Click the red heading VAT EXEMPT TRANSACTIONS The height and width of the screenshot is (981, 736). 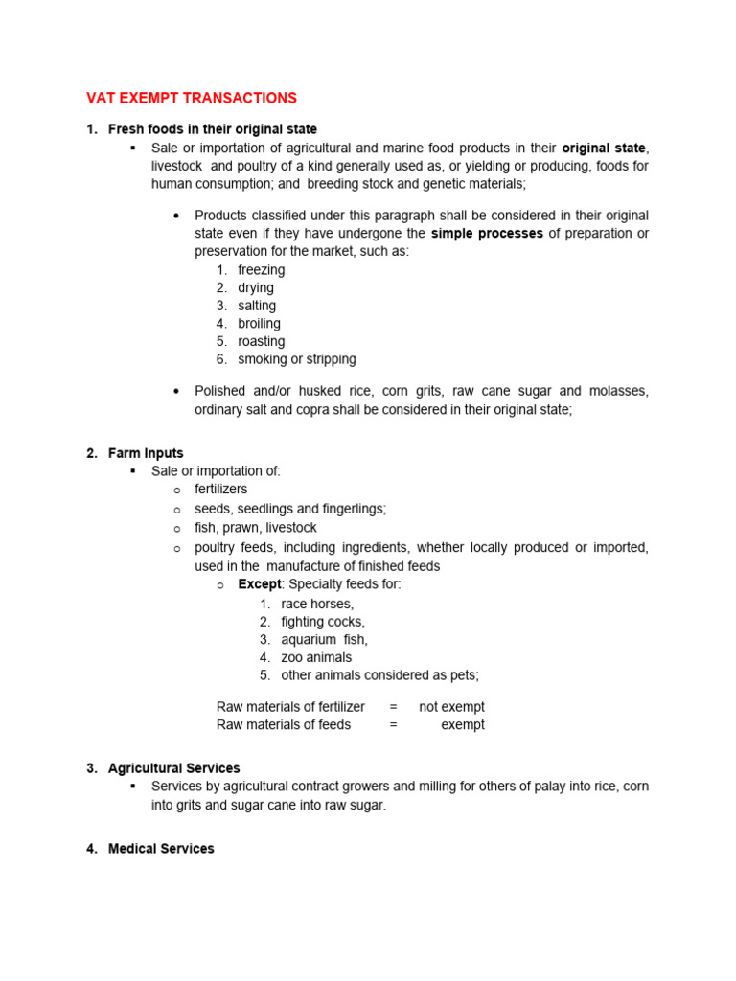tap(192, 98)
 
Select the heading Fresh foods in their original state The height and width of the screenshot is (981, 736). tap(212, 129)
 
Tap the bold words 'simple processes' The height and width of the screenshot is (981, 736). tap(487, 234)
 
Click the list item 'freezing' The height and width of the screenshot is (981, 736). tap(261, 270)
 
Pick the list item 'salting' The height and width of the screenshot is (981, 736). tap(257, 306)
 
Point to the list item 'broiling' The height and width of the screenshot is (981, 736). tap(259, 324)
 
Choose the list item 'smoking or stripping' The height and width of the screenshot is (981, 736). tap(296, 359)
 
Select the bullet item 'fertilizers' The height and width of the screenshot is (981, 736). tap(220, 490)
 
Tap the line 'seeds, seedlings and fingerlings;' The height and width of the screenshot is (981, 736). tap(290, 509)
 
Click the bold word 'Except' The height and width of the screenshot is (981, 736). tap(260, 584)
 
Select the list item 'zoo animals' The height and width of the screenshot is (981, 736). tap(316, 657)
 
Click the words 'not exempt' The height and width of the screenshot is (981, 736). tap(451, 707)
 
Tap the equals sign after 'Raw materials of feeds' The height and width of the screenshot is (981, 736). tap(393, 725)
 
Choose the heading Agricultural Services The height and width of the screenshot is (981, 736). tap(173, 768)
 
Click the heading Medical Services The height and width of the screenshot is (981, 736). tap(161, 849)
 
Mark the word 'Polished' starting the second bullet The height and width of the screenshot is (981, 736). tap(220, 391)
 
